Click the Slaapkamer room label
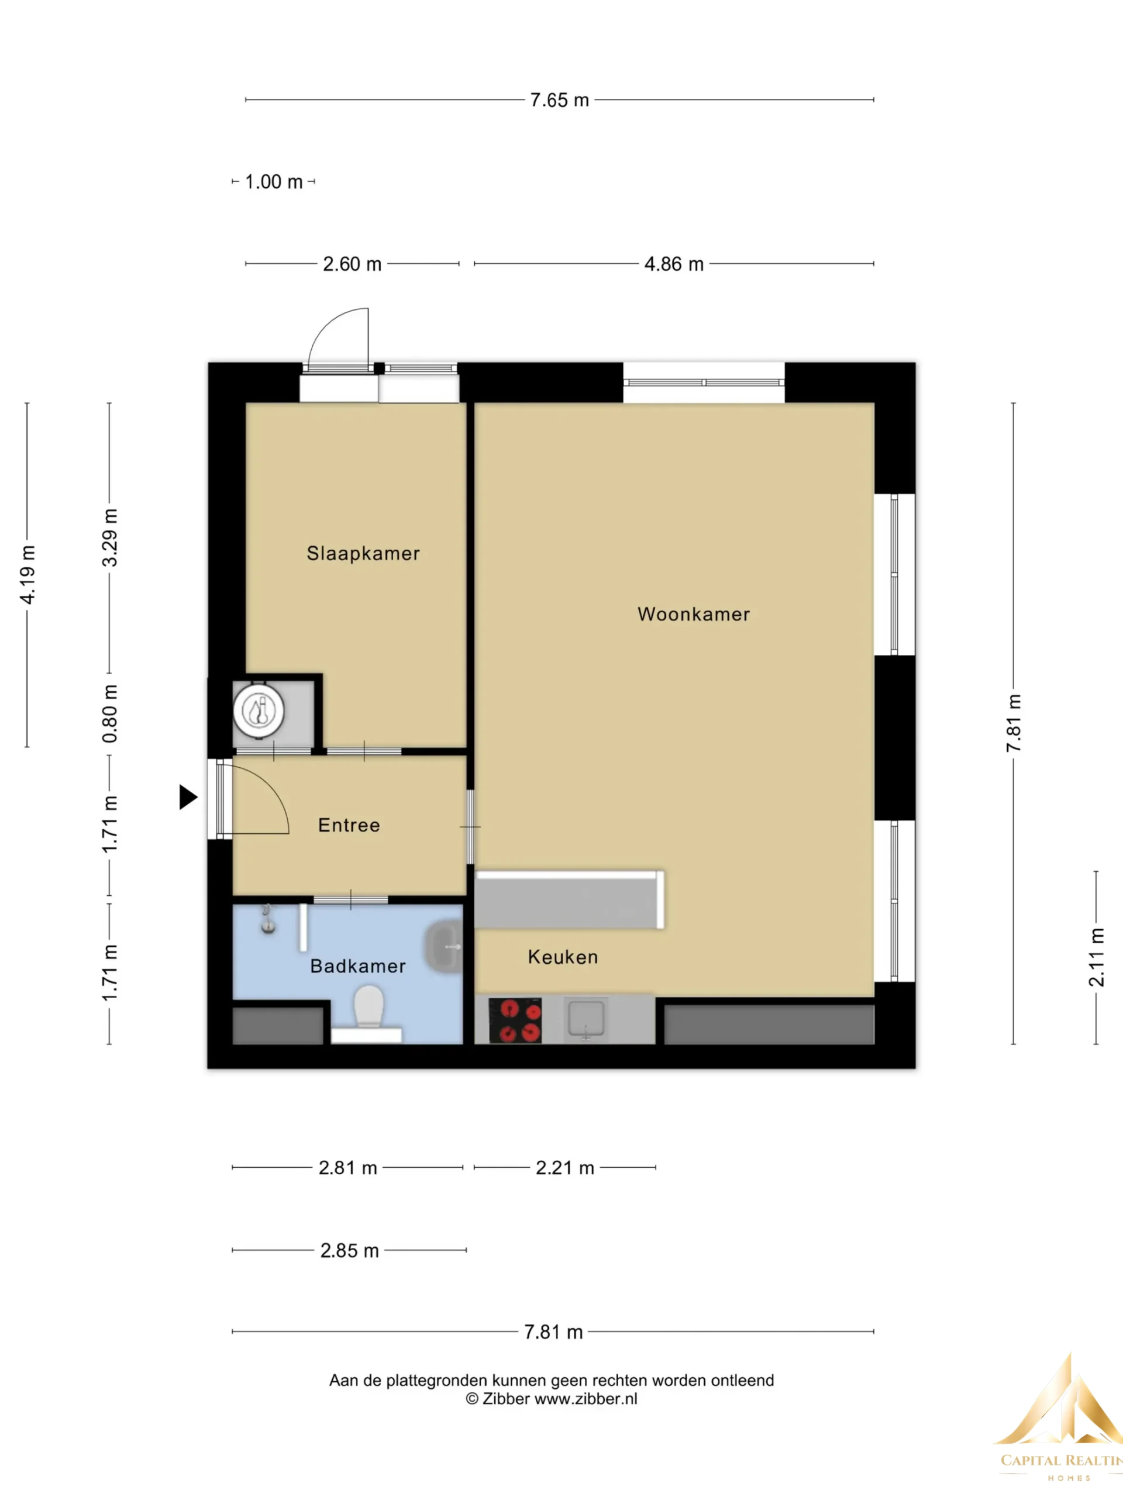(x=363, y=554)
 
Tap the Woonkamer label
(x=694, y=615)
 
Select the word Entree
(x=349, y=825)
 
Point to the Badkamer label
(x=358, y=966)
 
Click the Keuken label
(x=563, y=957)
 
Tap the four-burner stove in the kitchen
(x=515, y=1020)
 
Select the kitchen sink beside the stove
(x=585, y=1020)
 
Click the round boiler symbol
(x=259, y=711)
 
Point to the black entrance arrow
(x=188, y=797)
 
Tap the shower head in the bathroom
(x=268, y=921)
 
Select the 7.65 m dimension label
(x=559, y=100)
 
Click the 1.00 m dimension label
(x=274, y=182)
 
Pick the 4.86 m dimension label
(x=674, y=264)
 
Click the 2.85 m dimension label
(x=349, y=1251)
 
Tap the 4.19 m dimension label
(x=27, y=575)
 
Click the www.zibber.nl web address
(x=585, y=1399)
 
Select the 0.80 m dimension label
(x=109, y=713)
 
